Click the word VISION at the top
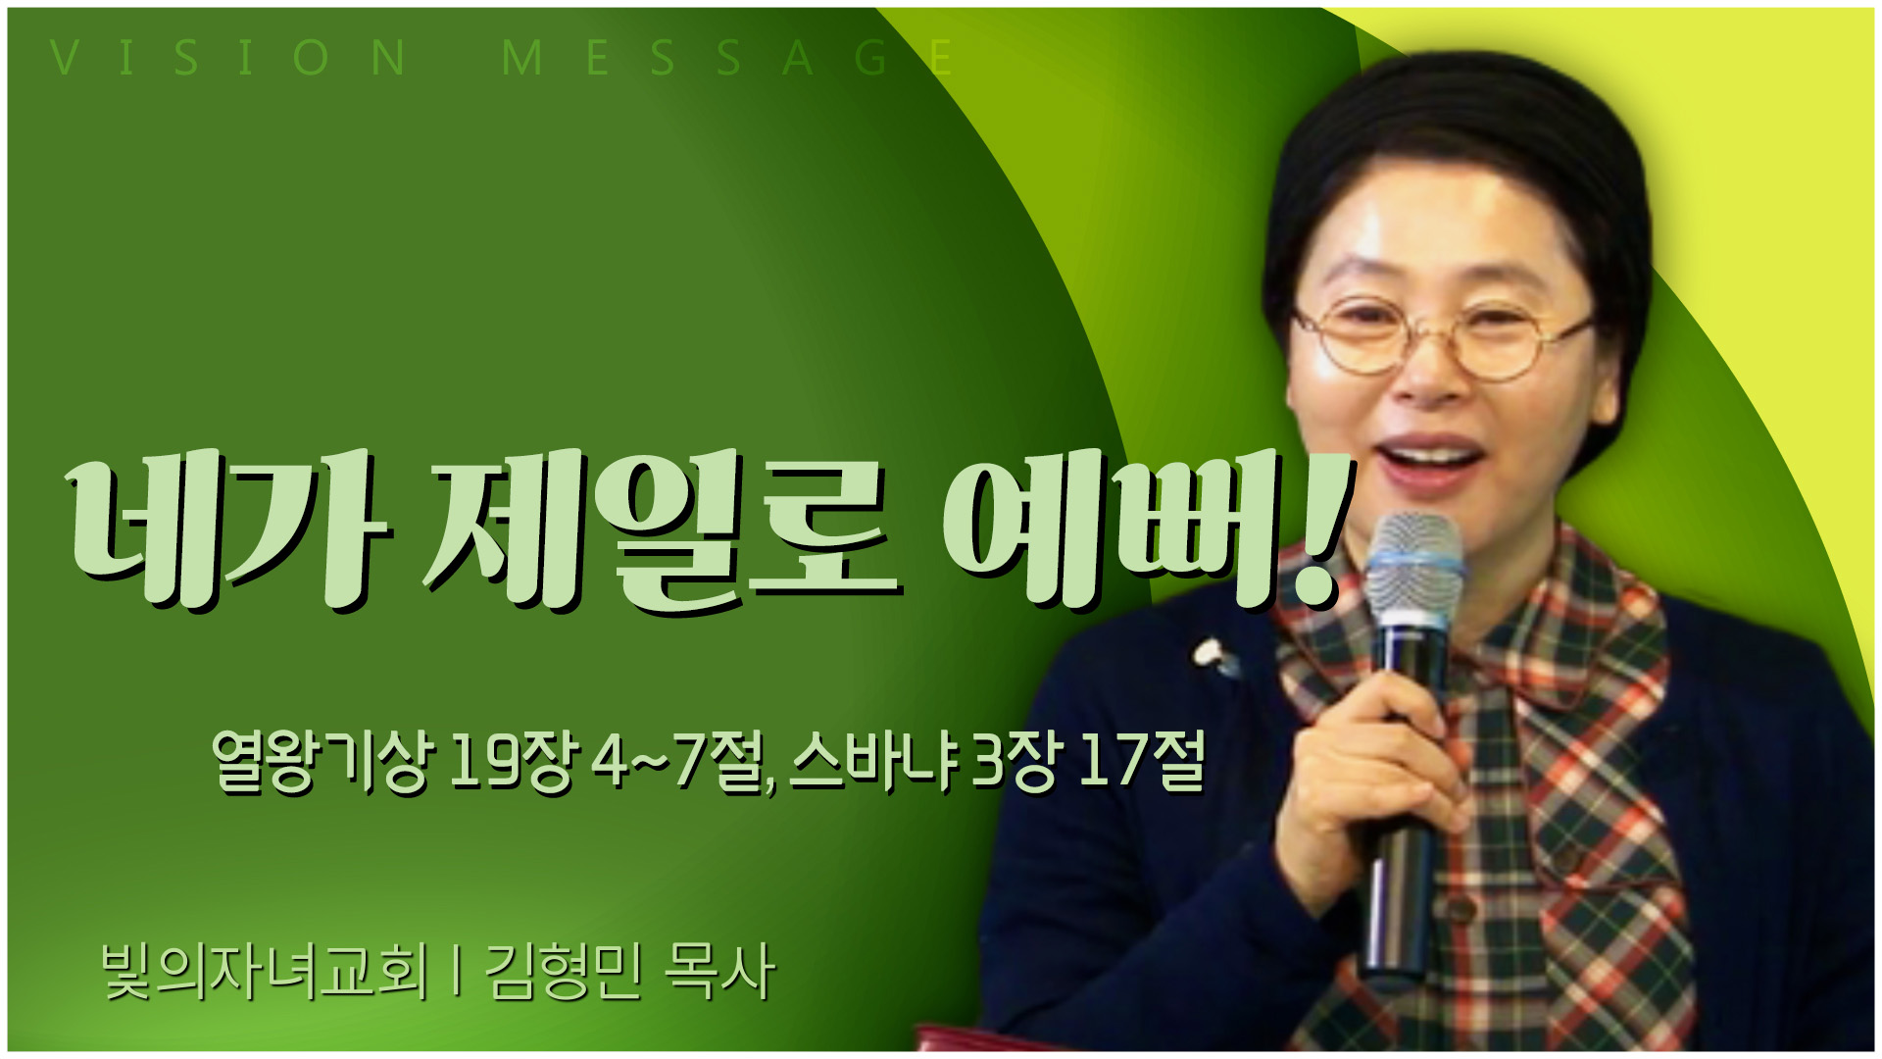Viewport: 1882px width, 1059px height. pyautogui.click(x=228, y=58)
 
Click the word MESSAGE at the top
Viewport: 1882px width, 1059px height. pyautogui.click(x=726, y=58)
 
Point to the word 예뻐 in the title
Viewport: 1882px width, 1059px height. pyautogui.click(x=1108, y=529)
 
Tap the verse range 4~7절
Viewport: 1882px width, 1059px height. pyautogui.click(x=683, y=761)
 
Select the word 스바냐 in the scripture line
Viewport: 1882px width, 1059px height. pyautogui.click(x=873, y=761)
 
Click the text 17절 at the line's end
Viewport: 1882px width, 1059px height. pyautogui.click(x=1140, y=761)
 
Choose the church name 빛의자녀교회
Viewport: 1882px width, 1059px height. pyautogui.click(x=265, y=972)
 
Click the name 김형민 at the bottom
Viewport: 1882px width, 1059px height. pyautogui.click(x=564, y=972)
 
